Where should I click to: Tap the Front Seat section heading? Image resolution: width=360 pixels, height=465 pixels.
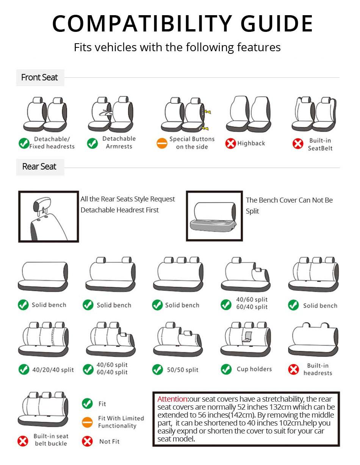(39, 77)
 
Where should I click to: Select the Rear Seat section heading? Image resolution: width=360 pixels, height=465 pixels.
(39, 167)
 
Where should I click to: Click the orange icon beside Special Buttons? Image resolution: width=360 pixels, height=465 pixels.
(162, 143)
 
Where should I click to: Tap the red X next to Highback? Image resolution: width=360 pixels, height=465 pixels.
(230, 143)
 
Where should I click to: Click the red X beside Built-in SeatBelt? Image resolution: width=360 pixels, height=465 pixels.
(298, 144)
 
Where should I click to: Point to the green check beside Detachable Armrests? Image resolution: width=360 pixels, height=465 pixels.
(92, 143)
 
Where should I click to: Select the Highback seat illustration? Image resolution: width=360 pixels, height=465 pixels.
(249, 114)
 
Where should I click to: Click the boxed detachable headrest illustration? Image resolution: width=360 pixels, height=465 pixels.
(49, 217)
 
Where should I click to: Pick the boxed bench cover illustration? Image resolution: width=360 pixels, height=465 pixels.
(214, 216)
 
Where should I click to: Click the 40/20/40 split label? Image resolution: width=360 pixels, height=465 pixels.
(53, 370)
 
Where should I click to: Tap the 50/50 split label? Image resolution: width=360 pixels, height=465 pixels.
(183, 370)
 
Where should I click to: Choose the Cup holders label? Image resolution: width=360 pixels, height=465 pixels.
(254, 369)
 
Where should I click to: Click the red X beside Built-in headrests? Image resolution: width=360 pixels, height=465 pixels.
(294, 369)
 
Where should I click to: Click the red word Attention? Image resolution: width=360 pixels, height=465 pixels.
(172, 399)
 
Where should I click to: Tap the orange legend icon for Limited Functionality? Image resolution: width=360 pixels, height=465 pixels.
(88, 422)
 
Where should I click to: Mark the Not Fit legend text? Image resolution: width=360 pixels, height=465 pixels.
(109, 441)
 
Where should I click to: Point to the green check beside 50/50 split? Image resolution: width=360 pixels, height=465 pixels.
(157, 369)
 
